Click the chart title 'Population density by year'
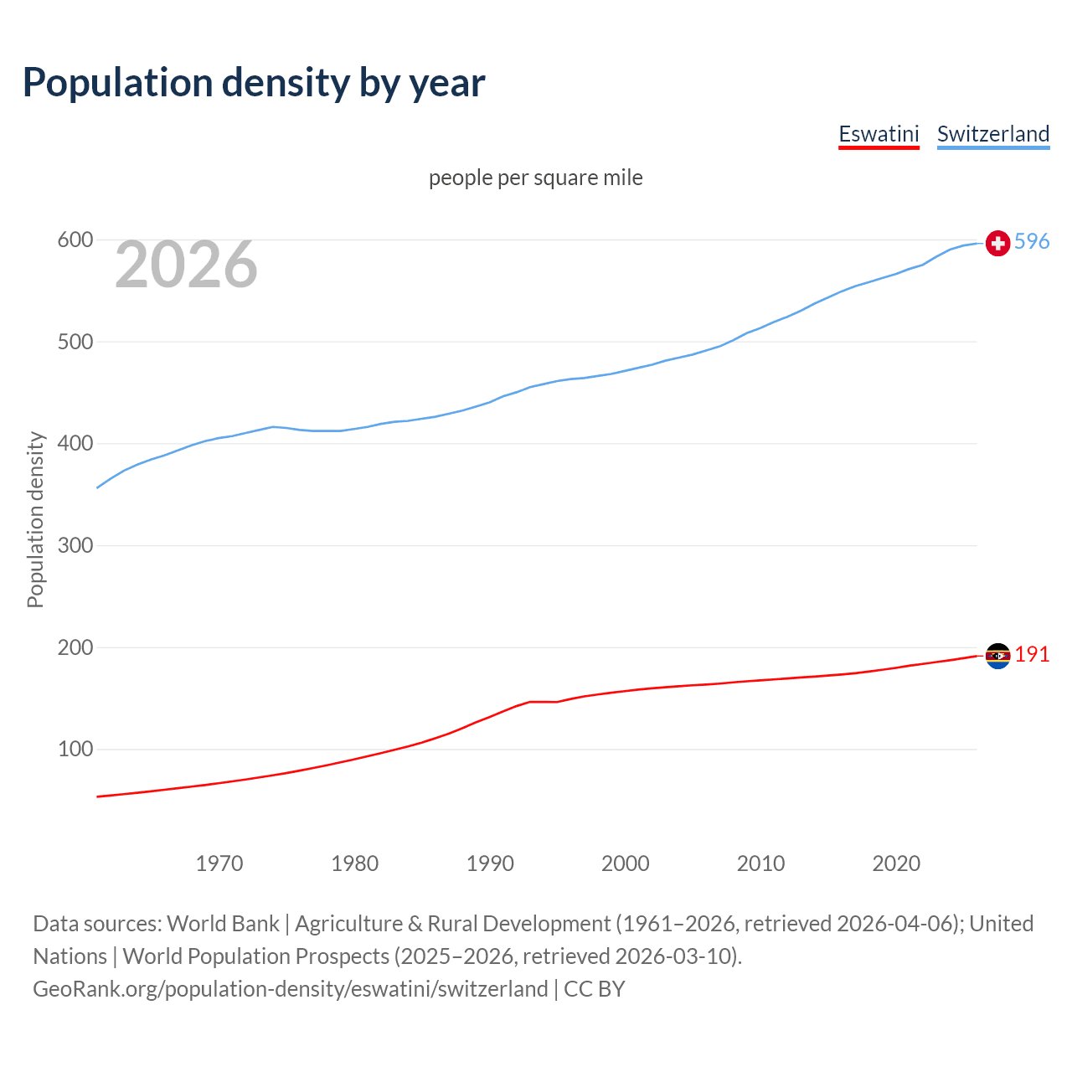click(254, 82)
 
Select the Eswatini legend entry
click(879, 134)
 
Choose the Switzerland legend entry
click(992, 134)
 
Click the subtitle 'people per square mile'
click(535, 178)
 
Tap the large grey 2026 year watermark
click(186, 265)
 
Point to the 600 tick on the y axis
click(75, 240)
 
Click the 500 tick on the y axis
click(75, 343)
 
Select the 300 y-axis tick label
click(75, 546)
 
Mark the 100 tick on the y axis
click(75, 750)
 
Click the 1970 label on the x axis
click(219, 863)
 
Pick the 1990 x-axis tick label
click(490, 863)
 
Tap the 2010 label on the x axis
click(760, 863)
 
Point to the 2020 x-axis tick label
click(896, 863)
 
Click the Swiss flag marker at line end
click(997, 243)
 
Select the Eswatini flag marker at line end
click(997, 656)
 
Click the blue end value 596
click(1032, 241)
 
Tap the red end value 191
click(1032, 654)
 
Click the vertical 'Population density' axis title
click(35, 519)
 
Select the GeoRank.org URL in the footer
click(290, 989)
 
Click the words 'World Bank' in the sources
click(223, 924)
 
